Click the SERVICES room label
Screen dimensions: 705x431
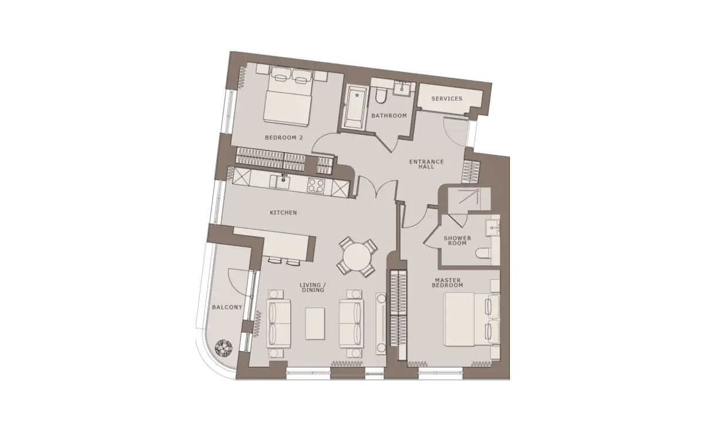[446, 99]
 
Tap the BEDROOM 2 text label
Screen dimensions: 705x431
[284, 138]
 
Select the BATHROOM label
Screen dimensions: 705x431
[389, 116]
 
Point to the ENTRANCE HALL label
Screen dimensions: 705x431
[427, 164]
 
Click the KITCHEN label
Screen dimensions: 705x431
[283, 213]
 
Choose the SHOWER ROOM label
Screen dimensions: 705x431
[457, 240]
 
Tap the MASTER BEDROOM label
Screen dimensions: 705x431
[448, 283]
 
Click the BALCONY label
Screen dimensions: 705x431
[227, 307]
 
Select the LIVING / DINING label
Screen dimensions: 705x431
[313, 288]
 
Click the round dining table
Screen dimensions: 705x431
[357, 257]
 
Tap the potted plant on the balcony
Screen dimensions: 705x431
[223, 348]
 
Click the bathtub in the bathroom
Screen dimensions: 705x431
[355, 107]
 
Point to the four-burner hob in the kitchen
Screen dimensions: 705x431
[315, 185]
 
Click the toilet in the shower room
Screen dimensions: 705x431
[483, 253]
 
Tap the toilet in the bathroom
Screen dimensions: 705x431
[381, 95]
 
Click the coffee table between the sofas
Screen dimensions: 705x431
[315, 324]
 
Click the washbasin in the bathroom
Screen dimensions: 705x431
[402, 88]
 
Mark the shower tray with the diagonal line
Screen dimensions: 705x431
[469, 199]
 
